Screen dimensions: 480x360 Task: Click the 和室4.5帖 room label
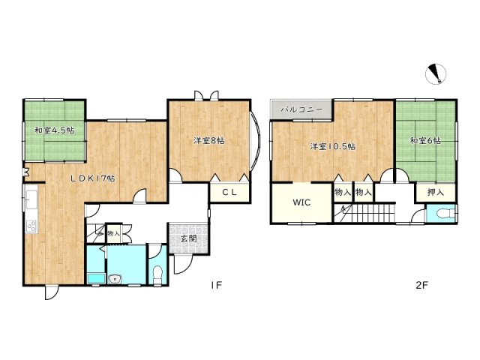click(x=54, y=130)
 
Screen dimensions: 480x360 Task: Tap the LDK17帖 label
click(x=93, y=178)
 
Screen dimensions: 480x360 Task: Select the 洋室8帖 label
click(x=208, y=141)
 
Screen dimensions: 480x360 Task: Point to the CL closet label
click(x=229, y=192)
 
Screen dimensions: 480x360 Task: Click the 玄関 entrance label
click(x=188, y=238)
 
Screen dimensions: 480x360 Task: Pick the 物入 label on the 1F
click(x=113, y=233)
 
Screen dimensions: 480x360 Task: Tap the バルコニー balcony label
click(x=301, y=109)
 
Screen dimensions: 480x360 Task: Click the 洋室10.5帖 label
click(x=333, y=146)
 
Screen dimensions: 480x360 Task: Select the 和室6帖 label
click(x=425, y=141)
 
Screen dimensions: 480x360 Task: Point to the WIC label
click(x=301, y=202)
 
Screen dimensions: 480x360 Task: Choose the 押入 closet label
click(x=435, y=192)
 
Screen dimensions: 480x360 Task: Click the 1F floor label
click(x=216, y=285)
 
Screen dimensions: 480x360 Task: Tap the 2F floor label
click(x=421, y=285)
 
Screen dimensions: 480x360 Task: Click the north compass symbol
click(x=436, y=74)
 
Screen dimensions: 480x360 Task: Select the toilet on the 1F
click(x=157, y=274)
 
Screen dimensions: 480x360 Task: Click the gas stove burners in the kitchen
click(x=31, y=226)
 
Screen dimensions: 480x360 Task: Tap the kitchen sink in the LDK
click(x=31, y=199)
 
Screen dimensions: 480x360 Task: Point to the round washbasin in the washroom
click(x=115, y=279)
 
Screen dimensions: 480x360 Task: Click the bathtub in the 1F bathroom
click(x=96, y=279)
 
